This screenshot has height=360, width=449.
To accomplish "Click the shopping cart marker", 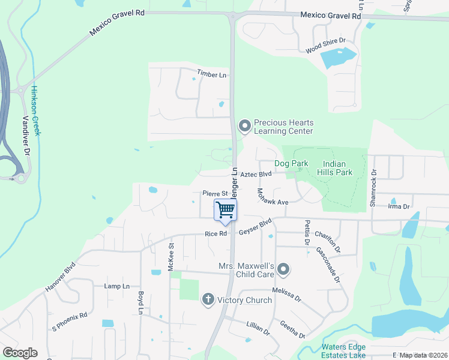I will (226, 211).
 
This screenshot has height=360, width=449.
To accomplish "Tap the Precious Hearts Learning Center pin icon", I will (244, 126).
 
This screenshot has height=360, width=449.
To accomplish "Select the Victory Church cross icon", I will (208, 299).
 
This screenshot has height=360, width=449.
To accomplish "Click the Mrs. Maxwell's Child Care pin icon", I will (283, 271).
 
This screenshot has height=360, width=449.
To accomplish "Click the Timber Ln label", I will (212, 74).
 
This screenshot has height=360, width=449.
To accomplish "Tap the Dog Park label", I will (291, 163).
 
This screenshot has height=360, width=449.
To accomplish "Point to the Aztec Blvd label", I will (256, 174).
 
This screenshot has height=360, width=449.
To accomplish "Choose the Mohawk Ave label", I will (273, 199).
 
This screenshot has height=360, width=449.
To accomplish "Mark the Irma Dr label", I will (399, 206).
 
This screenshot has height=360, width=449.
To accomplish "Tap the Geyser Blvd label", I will (255, 229).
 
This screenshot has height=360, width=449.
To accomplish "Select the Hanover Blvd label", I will (61, 277).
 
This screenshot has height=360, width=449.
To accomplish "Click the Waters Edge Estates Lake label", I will (343, 351).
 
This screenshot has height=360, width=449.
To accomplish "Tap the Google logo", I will (19, 353).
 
